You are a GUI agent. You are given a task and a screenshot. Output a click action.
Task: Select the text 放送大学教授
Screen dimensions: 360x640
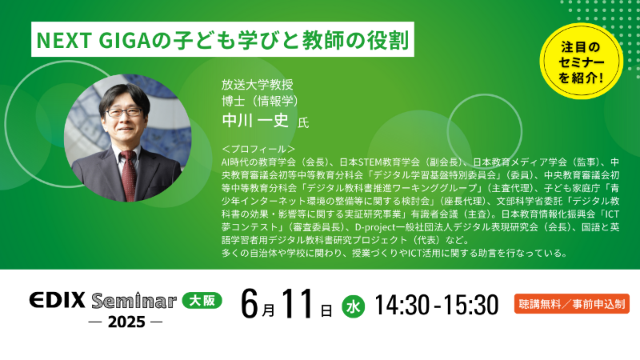pos(258,84)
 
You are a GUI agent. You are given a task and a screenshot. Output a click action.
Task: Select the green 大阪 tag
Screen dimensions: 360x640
pos(202,300)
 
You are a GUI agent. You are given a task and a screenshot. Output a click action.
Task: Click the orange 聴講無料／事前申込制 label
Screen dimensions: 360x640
pos(572,304)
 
